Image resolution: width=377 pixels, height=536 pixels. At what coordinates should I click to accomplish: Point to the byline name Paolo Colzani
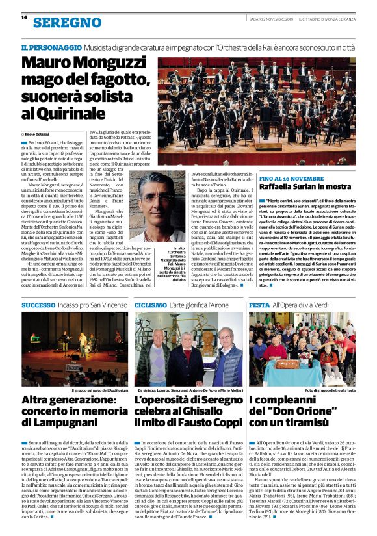(40, 133)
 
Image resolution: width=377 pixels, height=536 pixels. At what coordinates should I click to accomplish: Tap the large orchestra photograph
(257, 110)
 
